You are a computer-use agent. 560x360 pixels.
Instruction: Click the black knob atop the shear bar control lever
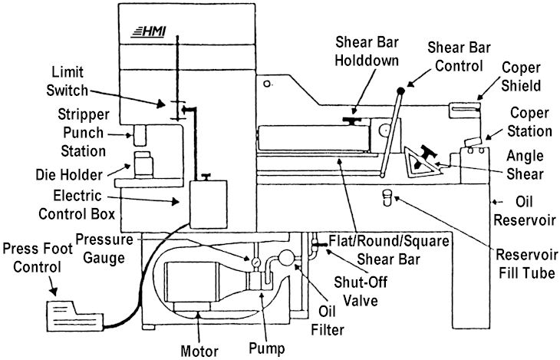(x=413, y=78)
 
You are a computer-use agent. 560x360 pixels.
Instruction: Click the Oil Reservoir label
(x=530, y=211)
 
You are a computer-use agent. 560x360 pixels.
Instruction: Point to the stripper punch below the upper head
(x=140, y=137)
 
